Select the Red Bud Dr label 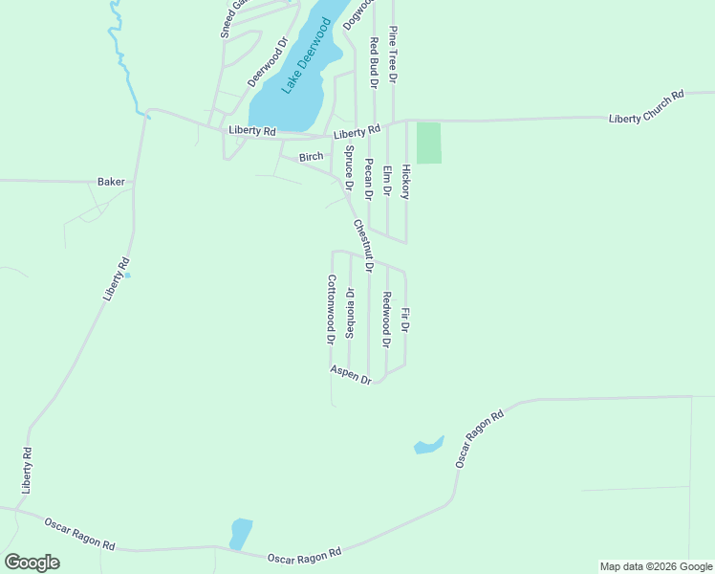tap(375, 63)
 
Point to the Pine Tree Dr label tap(393, 54)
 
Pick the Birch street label tap(312, 156)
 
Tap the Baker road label tap(111, 181)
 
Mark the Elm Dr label tap(387, 181)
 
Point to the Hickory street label tap(405, 181)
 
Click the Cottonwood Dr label tap(331, 309)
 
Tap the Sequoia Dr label tap(351, 313)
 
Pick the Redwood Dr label tap(386, 320)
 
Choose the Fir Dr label tap(405, 320)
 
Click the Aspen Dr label tap(351, 374)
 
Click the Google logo tap(32, 563)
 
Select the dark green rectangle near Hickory tap(429, 143)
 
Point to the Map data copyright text tap(656, 566)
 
